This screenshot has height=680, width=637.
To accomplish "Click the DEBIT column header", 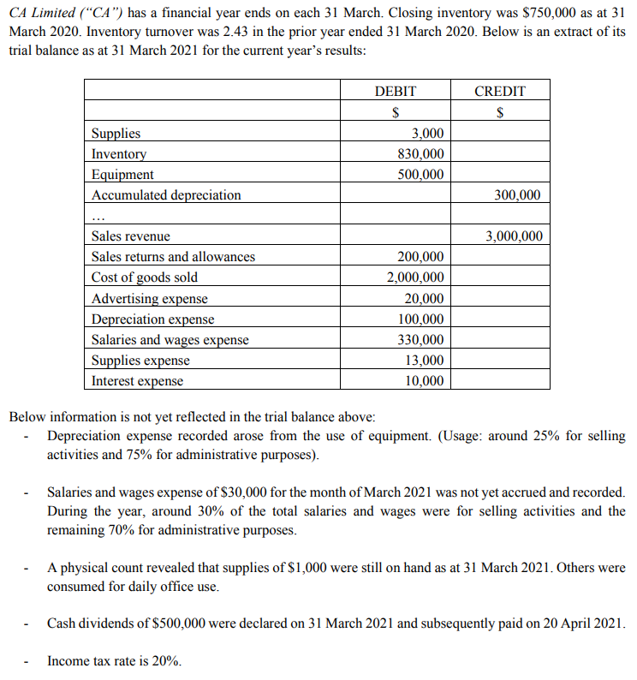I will [x=396, y=91].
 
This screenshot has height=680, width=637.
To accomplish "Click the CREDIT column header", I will [x=500, y=91].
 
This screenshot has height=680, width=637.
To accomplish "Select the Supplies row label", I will [x=116, y=134].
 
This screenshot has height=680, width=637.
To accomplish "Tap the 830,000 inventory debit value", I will [x=421, y=154].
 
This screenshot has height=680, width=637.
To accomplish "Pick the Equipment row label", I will [x=122, y=175].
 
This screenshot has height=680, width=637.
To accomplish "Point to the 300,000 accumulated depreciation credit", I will [x=518, y=195].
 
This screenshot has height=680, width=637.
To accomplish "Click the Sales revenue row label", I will [x=131, y=236].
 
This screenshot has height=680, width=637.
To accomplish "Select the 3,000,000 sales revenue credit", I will [x=514, y=236].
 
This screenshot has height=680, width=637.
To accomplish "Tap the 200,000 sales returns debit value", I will [x=421, y=257].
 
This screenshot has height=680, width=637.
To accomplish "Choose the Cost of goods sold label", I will [x=145, y=277].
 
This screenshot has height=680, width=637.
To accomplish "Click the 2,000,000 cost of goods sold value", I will [x=415, y=277].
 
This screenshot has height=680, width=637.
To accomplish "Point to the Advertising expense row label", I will [x=150, y=299].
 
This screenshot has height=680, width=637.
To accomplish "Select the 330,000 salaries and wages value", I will [x=421, y=340].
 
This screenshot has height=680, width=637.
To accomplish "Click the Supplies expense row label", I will [x=140, y=361].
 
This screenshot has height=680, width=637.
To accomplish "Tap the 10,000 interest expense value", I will [x=425, y=381].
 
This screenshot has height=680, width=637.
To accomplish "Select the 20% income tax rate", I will [x=168, y=661].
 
